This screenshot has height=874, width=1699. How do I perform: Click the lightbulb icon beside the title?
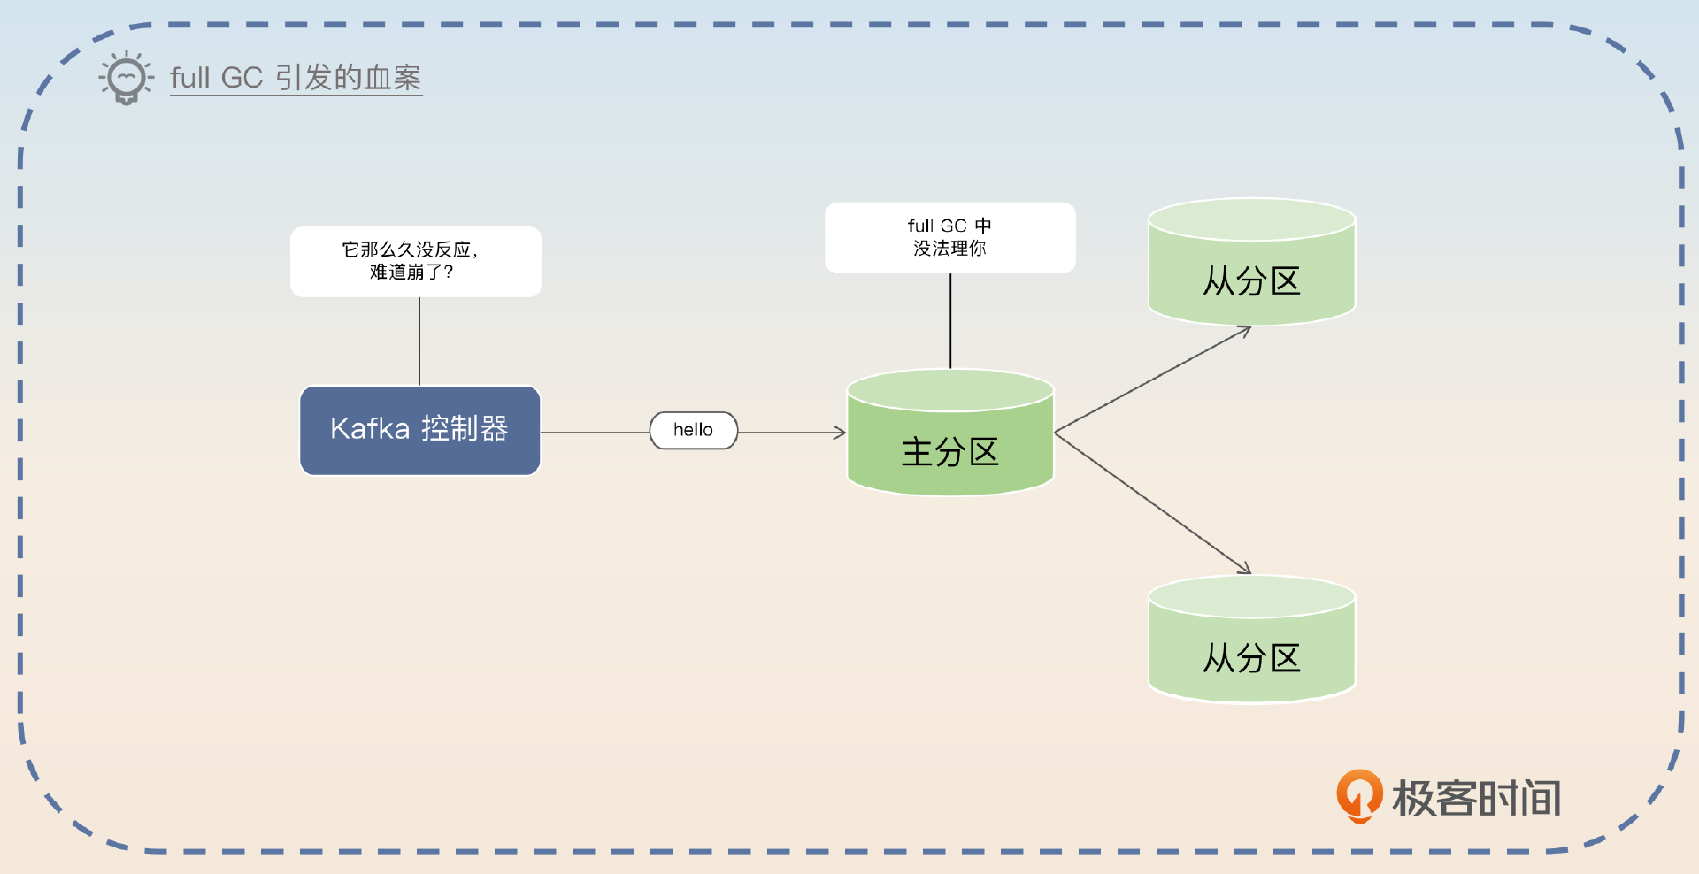(x=127, y=78)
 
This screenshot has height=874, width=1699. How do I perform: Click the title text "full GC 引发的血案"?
(x=296, y=78)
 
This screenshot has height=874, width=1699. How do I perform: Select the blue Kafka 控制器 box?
(x=420, y=431)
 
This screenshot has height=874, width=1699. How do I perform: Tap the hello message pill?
(x=694, y=430)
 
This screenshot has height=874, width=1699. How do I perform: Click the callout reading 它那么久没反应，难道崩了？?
(x=416, y=261)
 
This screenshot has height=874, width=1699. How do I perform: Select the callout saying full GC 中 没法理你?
(x=949, y=237)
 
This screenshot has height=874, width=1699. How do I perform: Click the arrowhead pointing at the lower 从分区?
(x=1244, y=569)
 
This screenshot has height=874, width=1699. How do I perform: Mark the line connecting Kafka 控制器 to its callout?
(x=419, y=341)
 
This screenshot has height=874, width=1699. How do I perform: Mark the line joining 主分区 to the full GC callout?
(x=950, y=320)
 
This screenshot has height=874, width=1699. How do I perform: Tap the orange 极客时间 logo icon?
(x=1358, y=795)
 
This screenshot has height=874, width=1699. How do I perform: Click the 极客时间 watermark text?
(x=1476, y=798)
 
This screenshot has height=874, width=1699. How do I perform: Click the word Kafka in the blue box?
(x=370, y=429)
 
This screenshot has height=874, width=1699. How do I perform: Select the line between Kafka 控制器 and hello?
(x=595, y=433)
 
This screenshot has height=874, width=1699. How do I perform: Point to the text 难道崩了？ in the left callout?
(x=411, y=272)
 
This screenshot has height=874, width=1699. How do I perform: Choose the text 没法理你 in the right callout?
(x=949, y=249)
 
